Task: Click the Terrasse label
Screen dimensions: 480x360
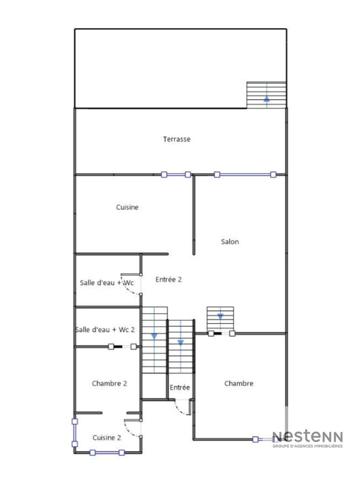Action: (x=177, y=139)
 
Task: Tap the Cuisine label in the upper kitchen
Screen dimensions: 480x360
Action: (x=127, y=207)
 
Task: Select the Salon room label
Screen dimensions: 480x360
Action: (x=230, y=241)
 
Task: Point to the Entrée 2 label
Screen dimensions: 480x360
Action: (x=168, y=280)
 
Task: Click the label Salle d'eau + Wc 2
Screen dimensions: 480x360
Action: (x=104, y=330)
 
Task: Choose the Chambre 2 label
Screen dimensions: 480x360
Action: (x=109, y=383)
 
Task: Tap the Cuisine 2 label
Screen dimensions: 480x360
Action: (x=107, y=437)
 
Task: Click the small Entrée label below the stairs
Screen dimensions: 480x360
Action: (x=179, y=387)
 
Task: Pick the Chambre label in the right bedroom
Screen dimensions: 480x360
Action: (x=239, y=383)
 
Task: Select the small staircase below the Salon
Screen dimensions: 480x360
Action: (x=219, y=319)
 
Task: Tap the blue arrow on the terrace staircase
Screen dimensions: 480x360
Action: (x=265, y=99)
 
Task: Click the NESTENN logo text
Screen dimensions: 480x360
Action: (x=309, y=437)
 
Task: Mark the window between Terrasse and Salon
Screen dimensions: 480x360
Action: (x=243, y=175)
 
